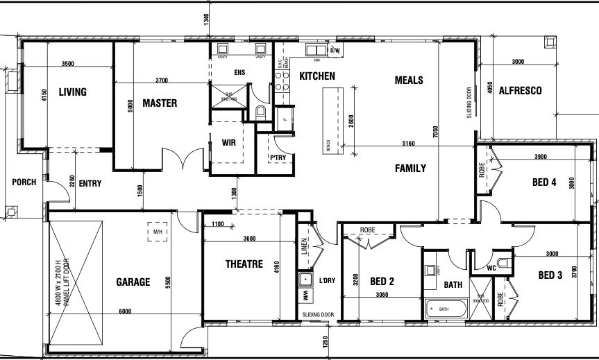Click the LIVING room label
pos(72,92)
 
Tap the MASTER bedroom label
pos(160,103)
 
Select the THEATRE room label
pos(244,264)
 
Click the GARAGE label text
pos(133,282)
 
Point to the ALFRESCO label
pos(520,91)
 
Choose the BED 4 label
pos(544,183)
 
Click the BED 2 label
pos(382,282)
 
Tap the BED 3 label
pos(550,275)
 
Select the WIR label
pos(230,143)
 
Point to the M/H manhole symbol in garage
pos(158,232)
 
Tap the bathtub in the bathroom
pos(445,308)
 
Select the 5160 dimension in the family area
pos(408,144)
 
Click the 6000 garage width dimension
pos(125,311)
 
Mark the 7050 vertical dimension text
pos(436,133)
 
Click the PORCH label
pos(24,182)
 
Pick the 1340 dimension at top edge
pos(207,20)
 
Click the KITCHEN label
pos(317,76)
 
